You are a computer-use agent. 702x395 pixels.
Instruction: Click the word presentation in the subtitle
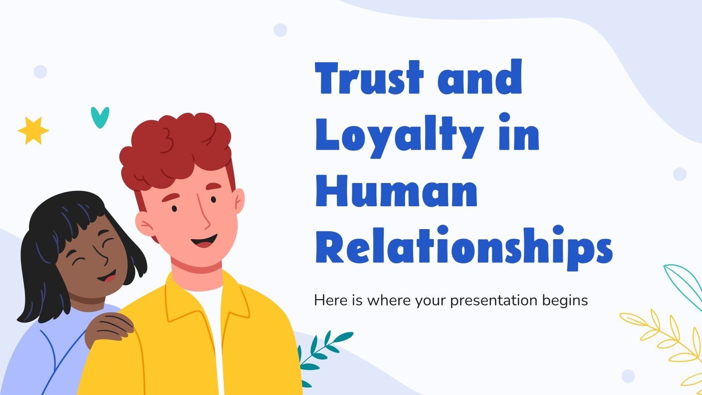pyautogui.click(x=494, y=301)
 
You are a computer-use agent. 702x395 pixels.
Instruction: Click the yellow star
pyautogui.click(x=33, y=130)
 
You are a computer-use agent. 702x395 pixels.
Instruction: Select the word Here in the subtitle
pyautogui.click(x=326, y=301)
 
